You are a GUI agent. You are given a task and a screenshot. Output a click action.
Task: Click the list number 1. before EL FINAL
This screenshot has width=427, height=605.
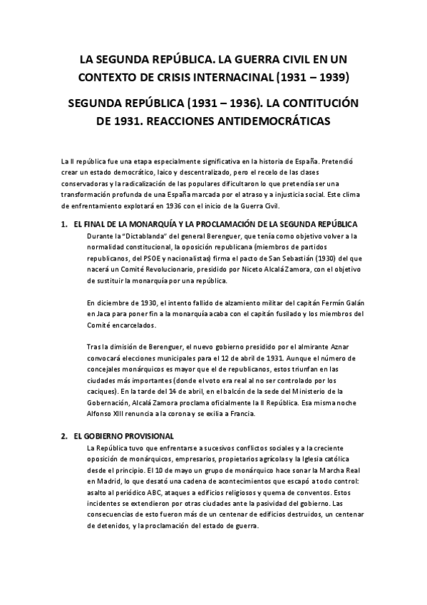point(63,225)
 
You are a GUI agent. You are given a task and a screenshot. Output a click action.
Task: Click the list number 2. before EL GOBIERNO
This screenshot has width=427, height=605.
point(63,436)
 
